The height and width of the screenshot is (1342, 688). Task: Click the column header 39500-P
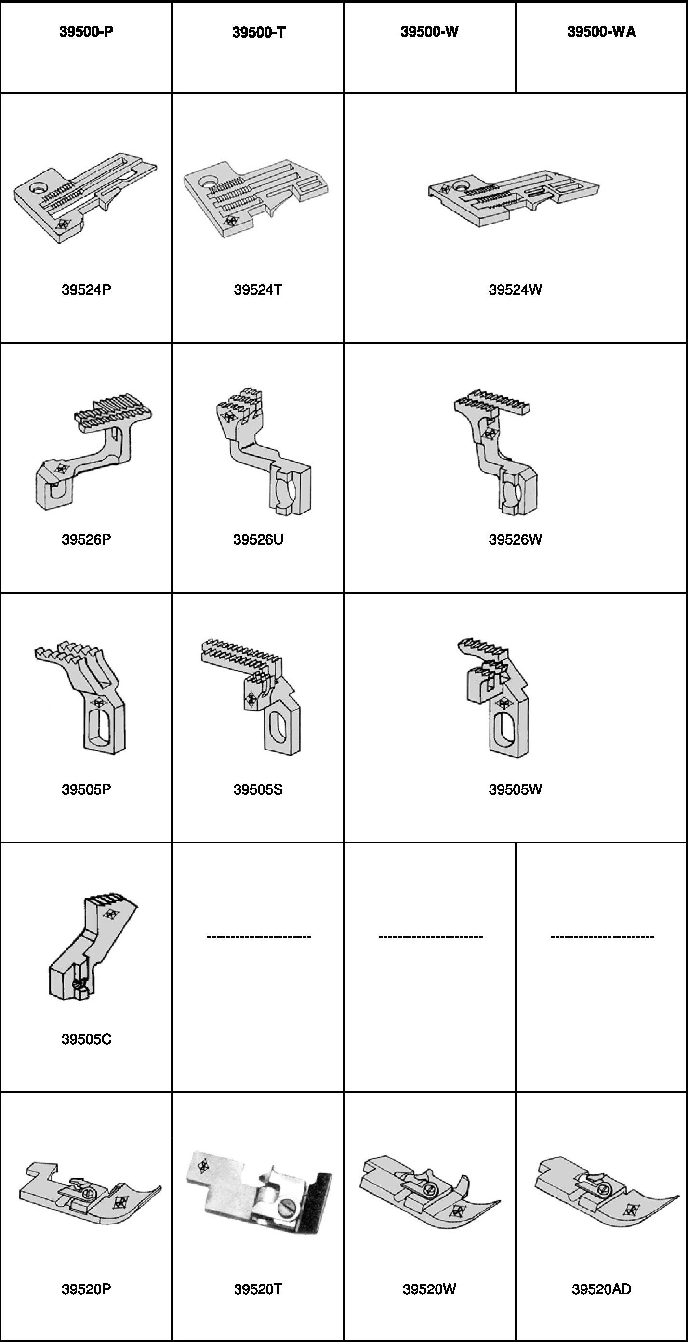point(86,32)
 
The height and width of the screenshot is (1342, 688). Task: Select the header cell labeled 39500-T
point(259,32)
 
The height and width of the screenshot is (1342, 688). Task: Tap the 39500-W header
point(429,32)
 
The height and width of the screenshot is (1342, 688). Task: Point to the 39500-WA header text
point(601,32)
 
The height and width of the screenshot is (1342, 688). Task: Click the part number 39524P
point(86,289)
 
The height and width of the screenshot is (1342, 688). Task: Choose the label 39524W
point(515,289)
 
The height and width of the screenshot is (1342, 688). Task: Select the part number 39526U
point(258,539)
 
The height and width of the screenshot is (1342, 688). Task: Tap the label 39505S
point(258,789)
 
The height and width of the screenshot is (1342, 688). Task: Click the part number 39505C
point(86,1039)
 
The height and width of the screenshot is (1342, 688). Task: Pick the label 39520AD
point(601,1289)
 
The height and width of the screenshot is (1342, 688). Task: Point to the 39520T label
point(258,1289)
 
